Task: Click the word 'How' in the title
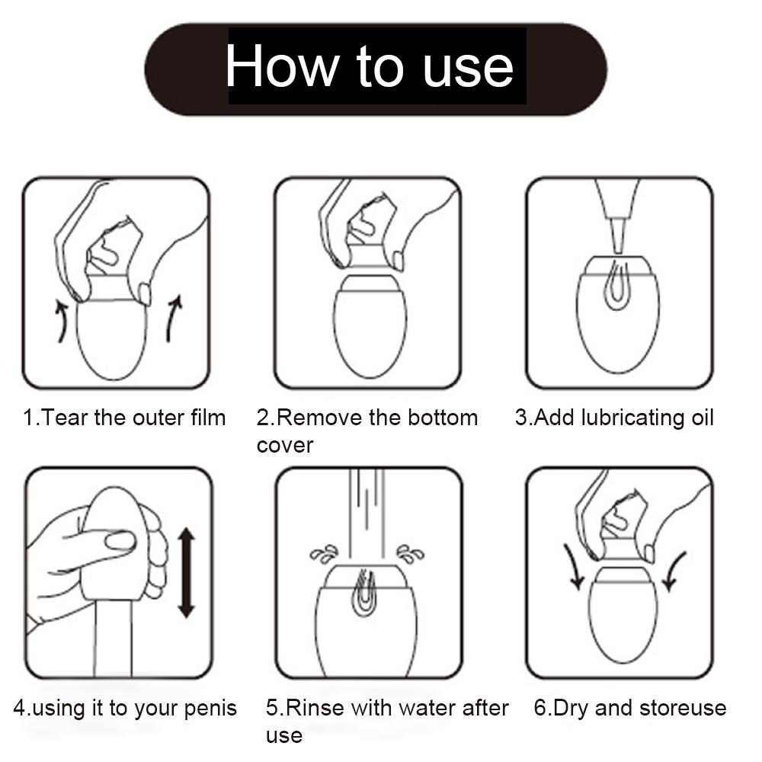tap(283, 66)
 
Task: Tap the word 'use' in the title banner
tap(468, 69)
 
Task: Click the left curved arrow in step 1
tap(61, 321)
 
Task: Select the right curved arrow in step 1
tap(174, 319)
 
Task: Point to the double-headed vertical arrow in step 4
tap(186, 573)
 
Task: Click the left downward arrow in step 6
tap(575, 567)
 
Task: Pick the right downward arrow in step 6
tap(674, 571)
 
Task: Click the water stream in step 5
tap(367, 515)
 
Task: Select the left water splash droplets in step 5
tap(324, 553)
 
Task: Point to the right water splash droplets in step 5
tap(410, 553)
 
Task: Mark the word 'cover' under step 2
tap(285, 446)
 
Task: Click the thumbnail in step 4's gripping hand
tap(120, 541)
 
